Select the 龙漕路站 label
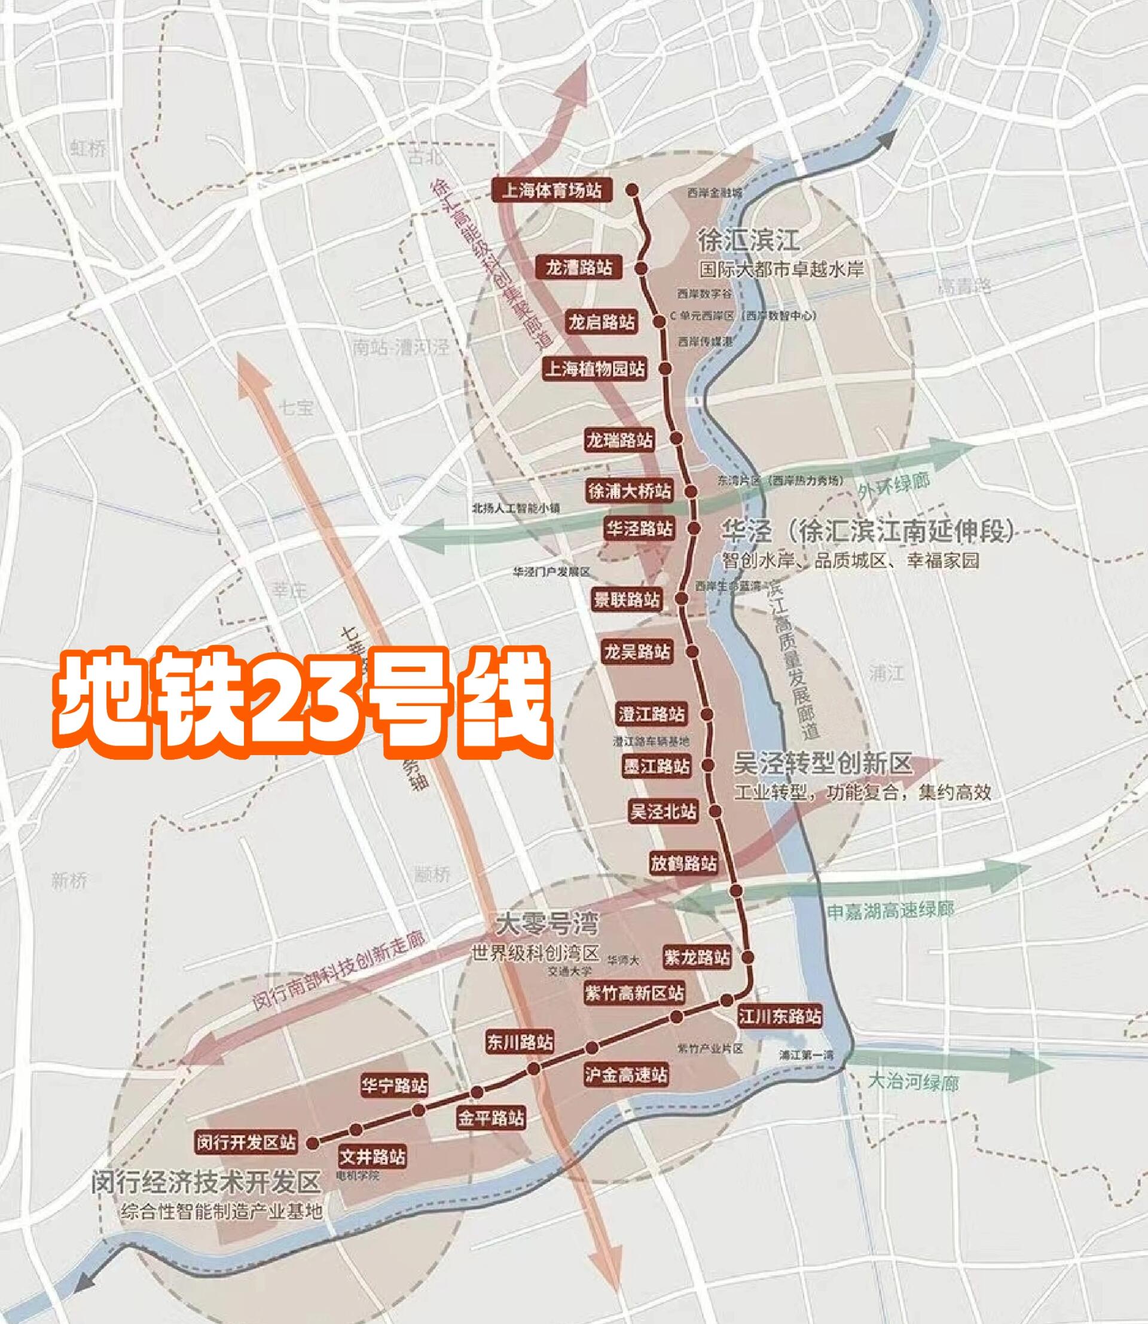tap(579, 267)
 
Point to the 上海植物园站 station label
tap(594, 369)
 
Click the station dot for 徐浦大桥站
tap(691, 492)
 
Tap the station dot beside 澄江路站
tap(707, 714)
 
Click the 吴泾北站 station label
tap(663, 811)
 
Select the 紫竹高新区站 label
tap(634, 993)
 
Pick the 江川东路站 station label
tap(780, 1016)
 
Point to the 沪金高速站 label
tap(626, 1074)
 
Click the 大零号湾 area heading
tap(547, 925)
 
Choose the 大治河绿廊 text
tap(914, 1082)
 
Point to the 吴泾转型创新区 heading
tap(822, 764)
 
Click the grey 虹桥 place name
tap(87, 149)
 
